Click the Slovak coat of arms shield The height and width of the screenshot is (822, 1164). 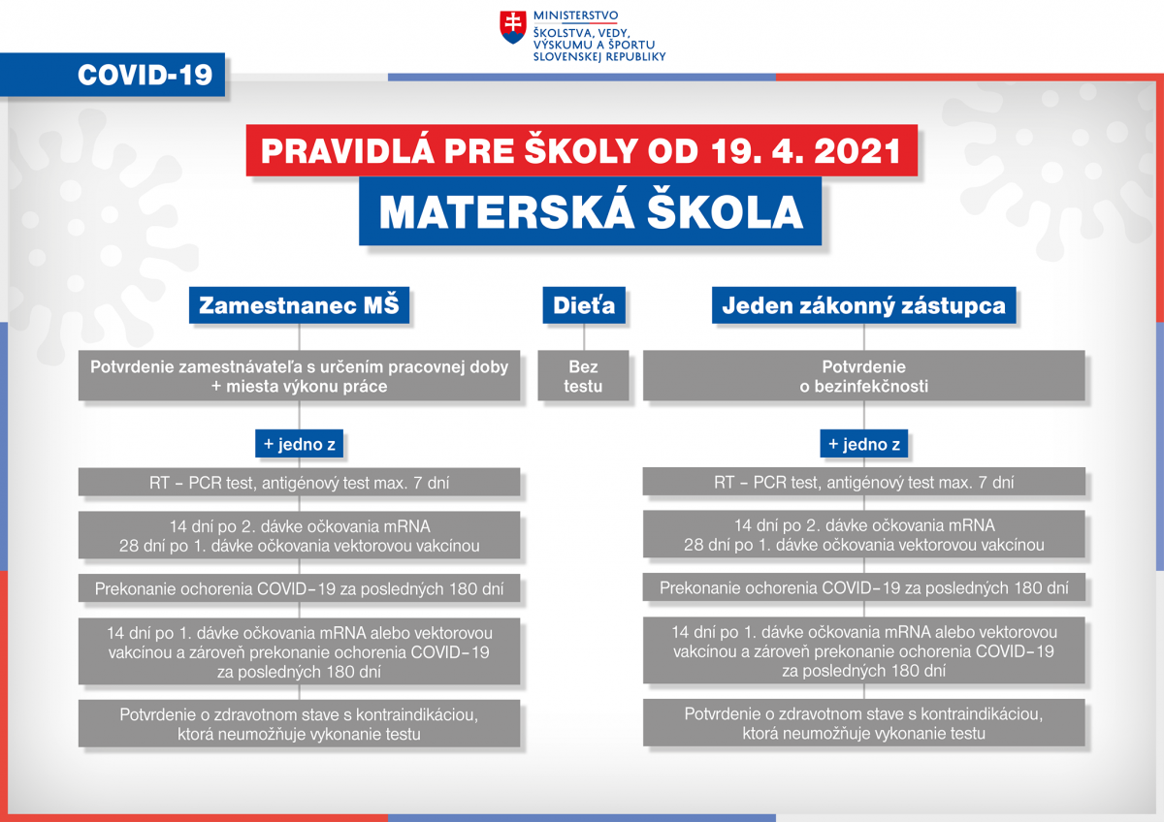[x=512, y=27]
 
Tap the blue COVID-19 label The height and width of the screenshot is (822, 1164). [x=113, y=75]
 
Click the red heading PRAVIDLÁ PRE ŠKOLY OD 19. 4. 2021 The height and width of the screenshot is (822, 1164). [x=581, y=150]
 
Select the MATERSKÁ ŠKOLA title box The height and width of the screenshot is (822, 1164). [x=591, y=211]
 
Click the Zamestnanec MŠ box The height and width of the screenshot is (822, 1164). [x=299, y=305]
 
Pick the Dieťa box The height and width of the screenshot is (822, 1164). [x=584, y=305]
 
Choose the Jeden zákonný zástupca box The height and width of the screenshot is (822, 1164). [x=863, y=305]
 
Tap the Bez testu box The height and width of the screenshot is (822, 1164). [x=583, y=376]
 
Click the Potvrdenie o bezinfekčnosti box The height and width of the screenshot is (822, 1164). [x=863, y=376]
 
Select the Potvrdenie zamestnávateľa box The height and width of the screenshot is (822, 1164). [x=299, y=376]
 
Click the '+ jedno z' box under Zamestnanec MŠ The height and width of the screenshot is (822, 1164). [x=299, y=444]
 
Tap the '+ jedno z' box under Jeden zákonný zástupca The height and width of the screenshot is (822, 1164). [x=863, y=444]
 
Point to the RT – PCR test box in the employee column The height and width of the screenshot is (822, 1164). [x=299, y=483]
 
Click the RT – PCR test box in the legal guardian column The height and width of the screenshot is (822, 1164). [x=863, y=482]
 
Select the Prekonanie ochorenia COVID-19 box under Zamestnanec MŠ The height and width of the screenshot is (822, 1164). [x=299, y=588]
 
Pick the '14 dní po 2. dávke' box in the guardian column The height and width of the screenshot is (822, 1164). [x=863, y=535]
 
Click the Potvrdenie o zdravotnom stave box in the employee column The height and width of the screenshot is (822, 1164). [x=299, y=724]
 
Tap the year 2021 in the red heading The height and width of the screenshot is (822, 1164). [x=857, y=151]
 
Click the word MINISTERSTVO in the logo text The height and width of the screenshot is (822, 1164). [x=576, y=16]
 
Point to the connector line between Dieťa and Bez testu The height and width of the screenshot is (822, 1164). [x=584, y=337]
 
